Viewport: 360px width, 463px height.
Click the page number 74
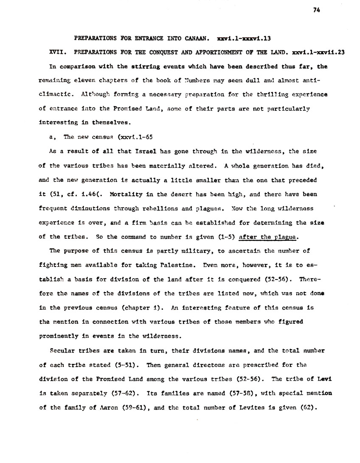pyautogui.click(x=316, y=11)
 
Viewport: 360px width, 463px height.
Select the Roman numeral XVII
pyautogui.click(x=57, y=52)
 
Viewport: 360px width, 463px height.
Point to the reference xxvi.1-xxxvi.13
pyautogui.click(x=243, y=38)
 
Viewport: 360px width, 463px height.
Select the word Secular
pyautogui.click(x=62, y=351)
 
